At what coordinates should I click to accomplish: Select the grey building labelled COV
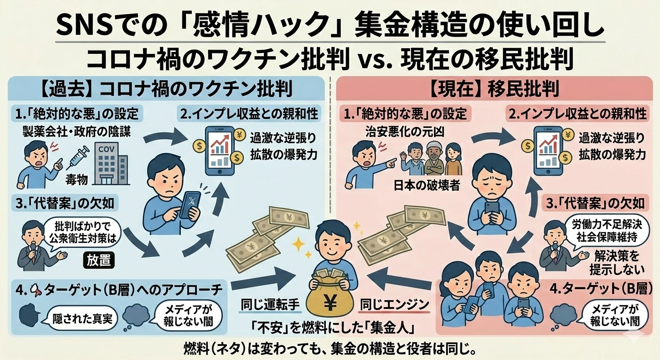click(110, 164)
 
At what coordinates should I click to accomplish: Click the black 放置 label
click(99, 260)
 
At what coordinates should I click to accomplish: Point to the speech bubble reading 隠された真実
click(82, 318)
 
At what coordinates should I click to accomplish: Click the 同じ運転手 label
click(270, 305)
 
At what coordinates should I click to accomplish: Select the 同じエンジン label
click(395, 305)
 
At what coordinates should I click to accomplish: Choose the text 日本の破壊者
click(427, 185)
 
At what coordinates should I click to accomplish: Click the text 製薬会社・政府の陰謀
click(76, 132)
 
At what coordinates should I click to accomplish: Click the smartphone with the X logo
click(190, 205)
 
